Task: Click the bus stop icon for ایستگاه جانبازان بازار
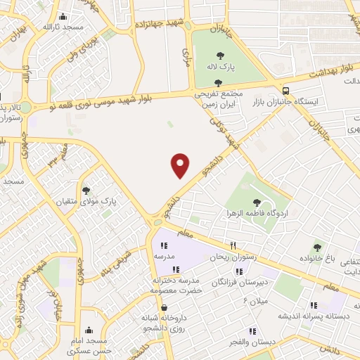[x=285, y=91]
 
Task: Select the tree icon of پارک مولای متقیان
[x=86, y=191]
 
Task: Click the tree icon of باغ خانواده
[x=317, y=247]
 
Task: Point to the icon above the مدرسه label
[x=164, y=246]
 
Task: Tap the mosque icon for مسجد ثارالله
[x=64, y=17]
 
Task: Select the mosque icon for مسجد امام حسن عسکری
[x=89, y=330]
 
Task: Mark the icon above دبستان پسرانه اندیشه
[x=314, y=305]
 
